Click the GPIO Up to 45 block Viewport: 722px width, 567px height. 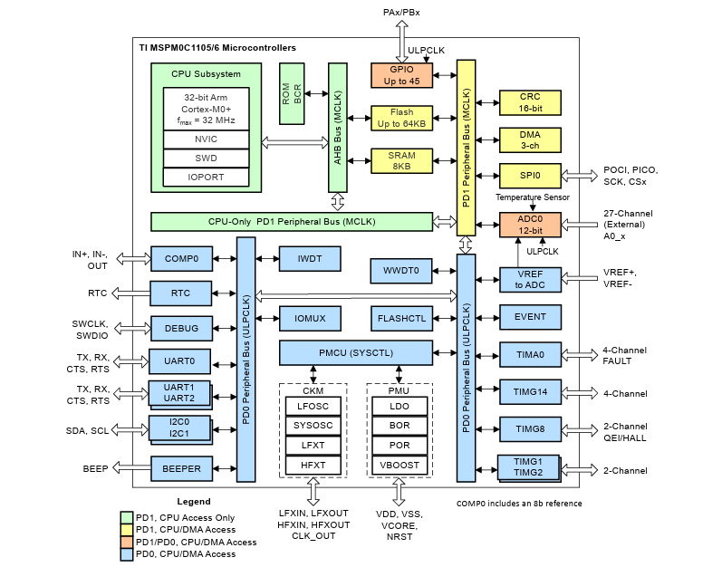pyautogui.click(x=400, y=75)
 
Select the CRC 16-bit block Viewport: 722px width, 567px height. pyautogui.click(x=530, y=101)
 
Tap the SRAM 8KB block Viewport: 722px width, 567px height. pyautogui.click(x=400, y=160)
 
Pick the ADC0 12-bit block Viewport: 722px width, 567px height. pyautogui.click(x=530, y=225)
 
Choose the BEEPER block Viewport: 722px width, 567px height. pyautogui.click(x=181, y=468)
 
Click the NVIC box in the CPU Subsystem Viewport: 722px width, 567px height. pyautogui.click(x=207, y=139)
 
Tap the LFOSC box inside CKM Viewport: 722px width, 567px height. pyautogui.click(x=313, y=407)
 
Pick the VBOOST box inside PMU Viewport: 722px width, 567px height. pyautogui.click(x=399, y=465)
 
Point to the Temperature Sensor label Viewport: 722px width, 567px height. pyautogui.click(x=532, y=197)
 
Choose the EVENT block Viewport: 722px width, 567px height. pyautogui.click(x=530, y=318)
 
